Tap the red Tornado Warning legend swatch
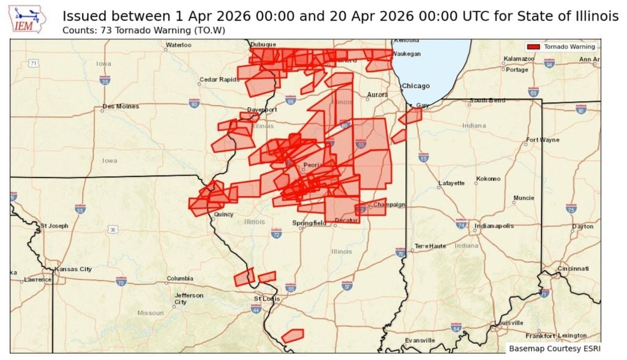click(x=533, y=47)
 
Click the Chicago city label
click(x=416, y=86)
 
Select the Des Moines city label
click(x=121, y=107)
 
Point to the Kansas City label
click(x=73, y=269)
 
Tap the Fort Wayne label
click(x=543, y=140)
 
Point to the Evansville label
click(x=419, y=340)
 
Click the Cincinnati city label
click(x=573, y=269)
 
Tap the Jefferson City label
click(x=189, y=298)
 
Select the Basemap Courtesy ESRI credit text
click(x=554, y=348)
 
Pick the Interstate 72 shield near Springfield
click(x=276, y=233)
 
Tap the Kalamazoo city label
click(x=519, y=59)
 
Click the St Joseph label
click(x=54, y=226)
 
